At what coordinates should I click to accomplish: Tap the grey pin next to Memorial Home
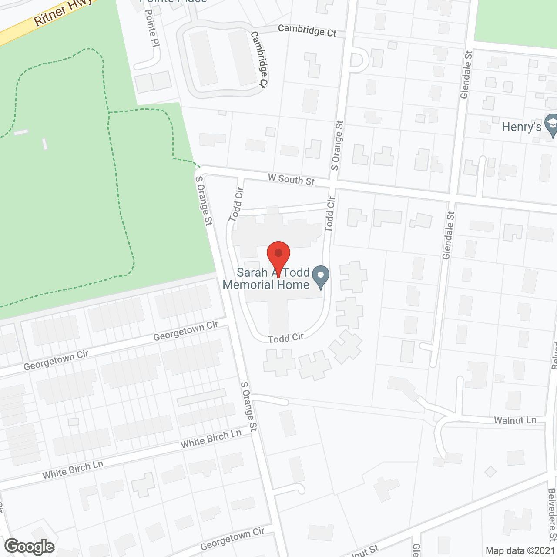321,277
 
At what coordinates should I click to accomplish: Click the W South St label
291,179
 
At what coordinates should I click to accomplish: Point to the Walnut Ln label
515,420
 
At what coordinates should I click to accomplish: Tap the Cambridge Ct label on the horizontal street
307,30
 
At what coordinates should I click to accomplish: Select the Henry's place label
521,127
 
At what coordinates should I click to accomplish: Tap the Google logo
30,546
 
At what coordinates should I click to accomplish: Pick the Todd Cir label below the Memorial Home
285,338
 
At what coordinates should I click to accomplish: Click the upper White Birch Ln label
211,439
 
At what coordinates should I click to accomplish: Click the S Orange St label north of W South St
337,145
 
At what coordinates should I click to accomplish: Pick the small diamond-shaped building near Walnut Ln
490,472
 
